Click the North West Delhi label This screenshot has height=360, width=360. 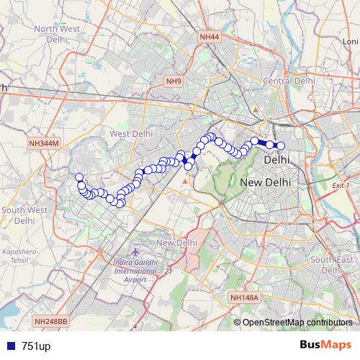tap(55, 34)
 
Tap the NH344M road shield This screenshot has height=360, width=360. tap(42, 144)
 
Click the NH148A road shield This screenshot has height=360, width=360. tap(246, 297)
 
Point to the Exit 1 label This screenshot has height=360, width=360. tap(341, 185)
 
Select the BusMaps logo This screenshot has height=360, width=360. tap(325, 345)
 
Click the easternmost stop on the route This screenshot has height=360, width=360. tap(281, 146)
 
